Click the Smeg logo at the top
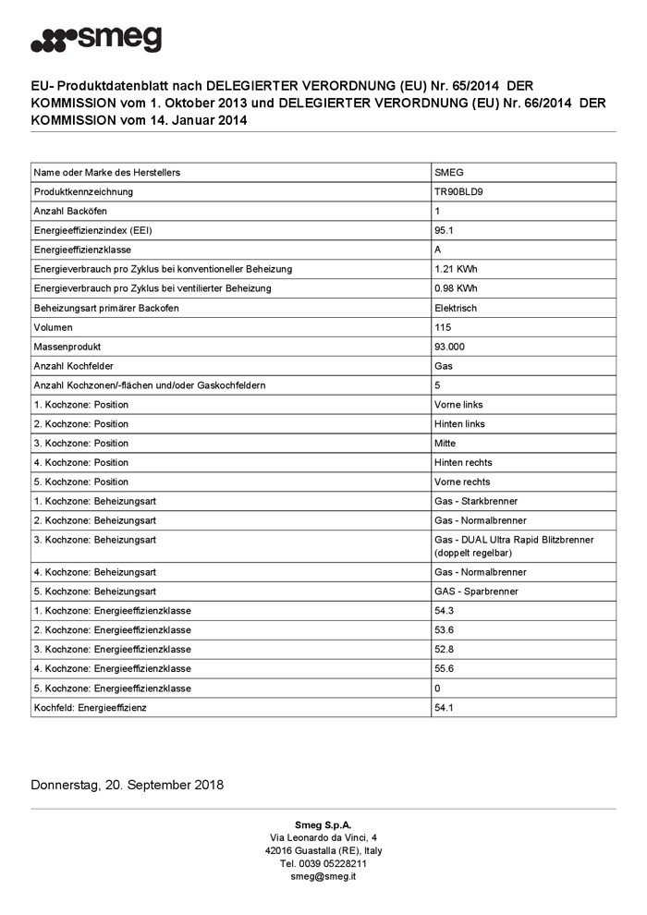point(96,41)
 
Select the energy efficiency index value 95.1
point(444,230)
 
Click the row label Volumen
point(53,327)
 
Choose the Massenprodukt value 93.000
point(449,347)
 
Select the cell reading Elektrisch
point(456,308)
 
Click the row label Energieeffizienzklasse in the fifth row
point(82,250)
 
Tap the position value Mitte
point(445,443)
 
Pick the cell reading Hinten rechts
point(463,462)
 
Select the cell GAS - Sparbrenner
point(476,591)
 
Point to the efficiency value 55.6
point(444,668)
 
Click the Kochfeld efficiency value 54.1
point(444,707)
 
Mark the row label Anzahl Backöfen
point(70,211)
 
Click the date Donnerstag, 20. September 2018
point(127,786)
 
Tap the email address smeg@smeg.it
point(323,876)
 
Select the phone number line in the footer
point(323,863)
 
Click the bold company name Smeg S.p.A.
point(323,824)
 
